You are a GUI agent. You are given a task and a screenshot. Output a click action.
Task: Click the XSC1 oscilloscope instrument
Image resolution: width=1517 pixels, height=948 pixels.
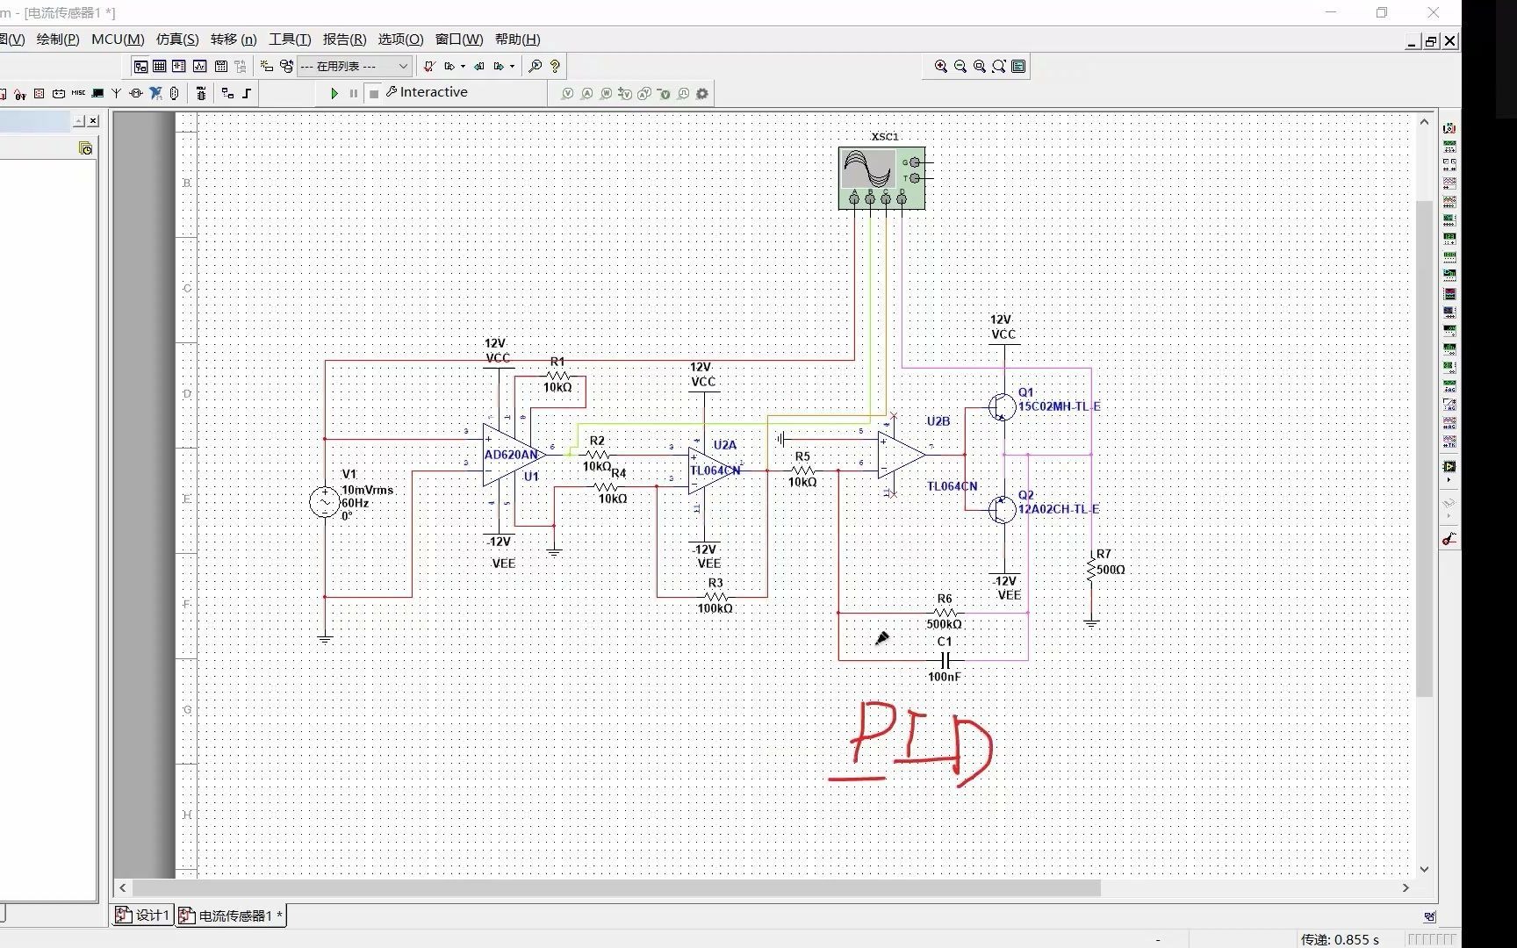(881, 177)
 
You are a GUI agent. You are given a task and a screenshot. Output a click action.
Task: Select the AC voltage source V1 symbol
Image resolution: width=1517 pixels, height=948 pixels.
(324, 502)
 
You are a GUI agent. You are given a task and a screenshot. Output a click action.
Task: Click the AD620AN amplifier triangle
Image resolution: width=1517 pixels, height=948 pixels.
(509, 455)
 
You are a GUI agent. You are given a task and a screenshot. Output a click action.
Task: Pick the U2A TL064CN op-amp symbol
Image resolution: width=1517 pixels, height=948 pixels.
(712, 470)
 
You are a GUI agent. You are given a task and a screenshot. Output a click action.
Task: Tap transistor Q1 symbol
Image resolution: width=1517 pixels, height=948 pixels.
(1002, 406)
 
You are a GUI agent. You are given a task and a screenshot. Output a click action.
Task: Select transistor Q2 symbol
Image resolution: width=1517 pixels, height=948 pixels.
(1002, 509)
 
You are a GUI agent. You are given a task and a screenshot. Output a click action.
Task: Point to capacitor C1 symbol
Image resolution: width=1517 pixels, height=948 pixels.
(945, 659)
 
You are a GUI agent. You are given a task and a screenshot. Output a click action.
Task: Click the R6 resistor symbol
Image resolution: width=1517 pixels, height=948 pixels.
(945, 612)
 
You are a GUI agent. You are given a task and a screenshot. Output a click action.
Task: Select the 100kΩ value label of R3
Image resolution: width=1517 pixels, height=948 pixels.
(715, 608)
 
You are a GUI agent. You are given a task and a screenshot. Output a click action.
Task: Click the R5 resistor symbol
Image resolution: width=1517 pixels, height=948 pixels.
(802, 470)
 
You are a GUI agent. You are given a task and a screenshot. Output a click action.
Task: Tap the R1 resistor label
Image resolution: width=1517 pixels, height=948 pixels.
(557, 362)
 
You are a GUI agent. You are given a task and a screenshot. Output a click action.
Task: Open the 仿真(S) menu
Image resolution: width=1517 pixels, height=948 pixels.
(177, 39)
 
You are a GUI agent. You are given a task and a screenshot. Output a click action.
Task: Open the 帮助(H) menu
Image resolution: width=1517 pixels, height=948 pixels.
(517, 39)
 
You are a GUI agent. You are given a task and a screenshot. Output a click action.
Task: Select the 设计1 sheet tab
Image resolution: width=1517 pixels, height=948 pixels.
(143, 916)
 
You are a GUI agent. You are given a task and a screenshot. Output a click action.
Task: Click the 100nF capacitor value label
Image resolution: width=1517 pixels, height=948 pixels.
(945, 677)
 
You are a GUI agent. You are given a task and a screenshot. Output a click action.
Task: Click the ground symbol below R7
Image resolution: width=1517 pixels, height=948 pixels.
(1091, 622)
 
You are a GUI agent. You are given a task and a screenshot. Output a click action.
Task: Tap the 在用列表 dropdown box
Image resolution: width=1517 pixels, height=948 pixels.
(355, 67)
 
